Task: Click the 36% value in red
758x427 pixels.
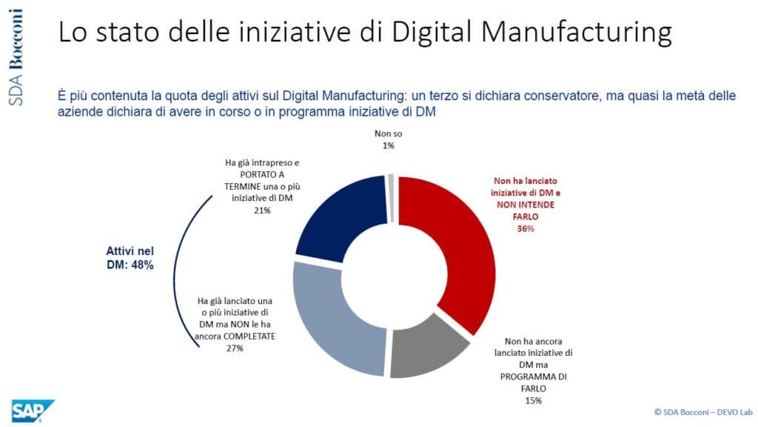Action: point(526,229)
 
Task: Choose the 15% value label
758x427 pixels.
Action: point(533,400)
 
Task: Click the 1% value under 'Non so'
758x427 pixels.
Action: point(389,146)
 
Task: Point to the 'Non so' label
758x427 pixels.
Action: point(389,135)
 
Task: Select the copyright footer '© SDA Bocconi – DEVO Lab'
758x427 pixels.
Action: point(694,410)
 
